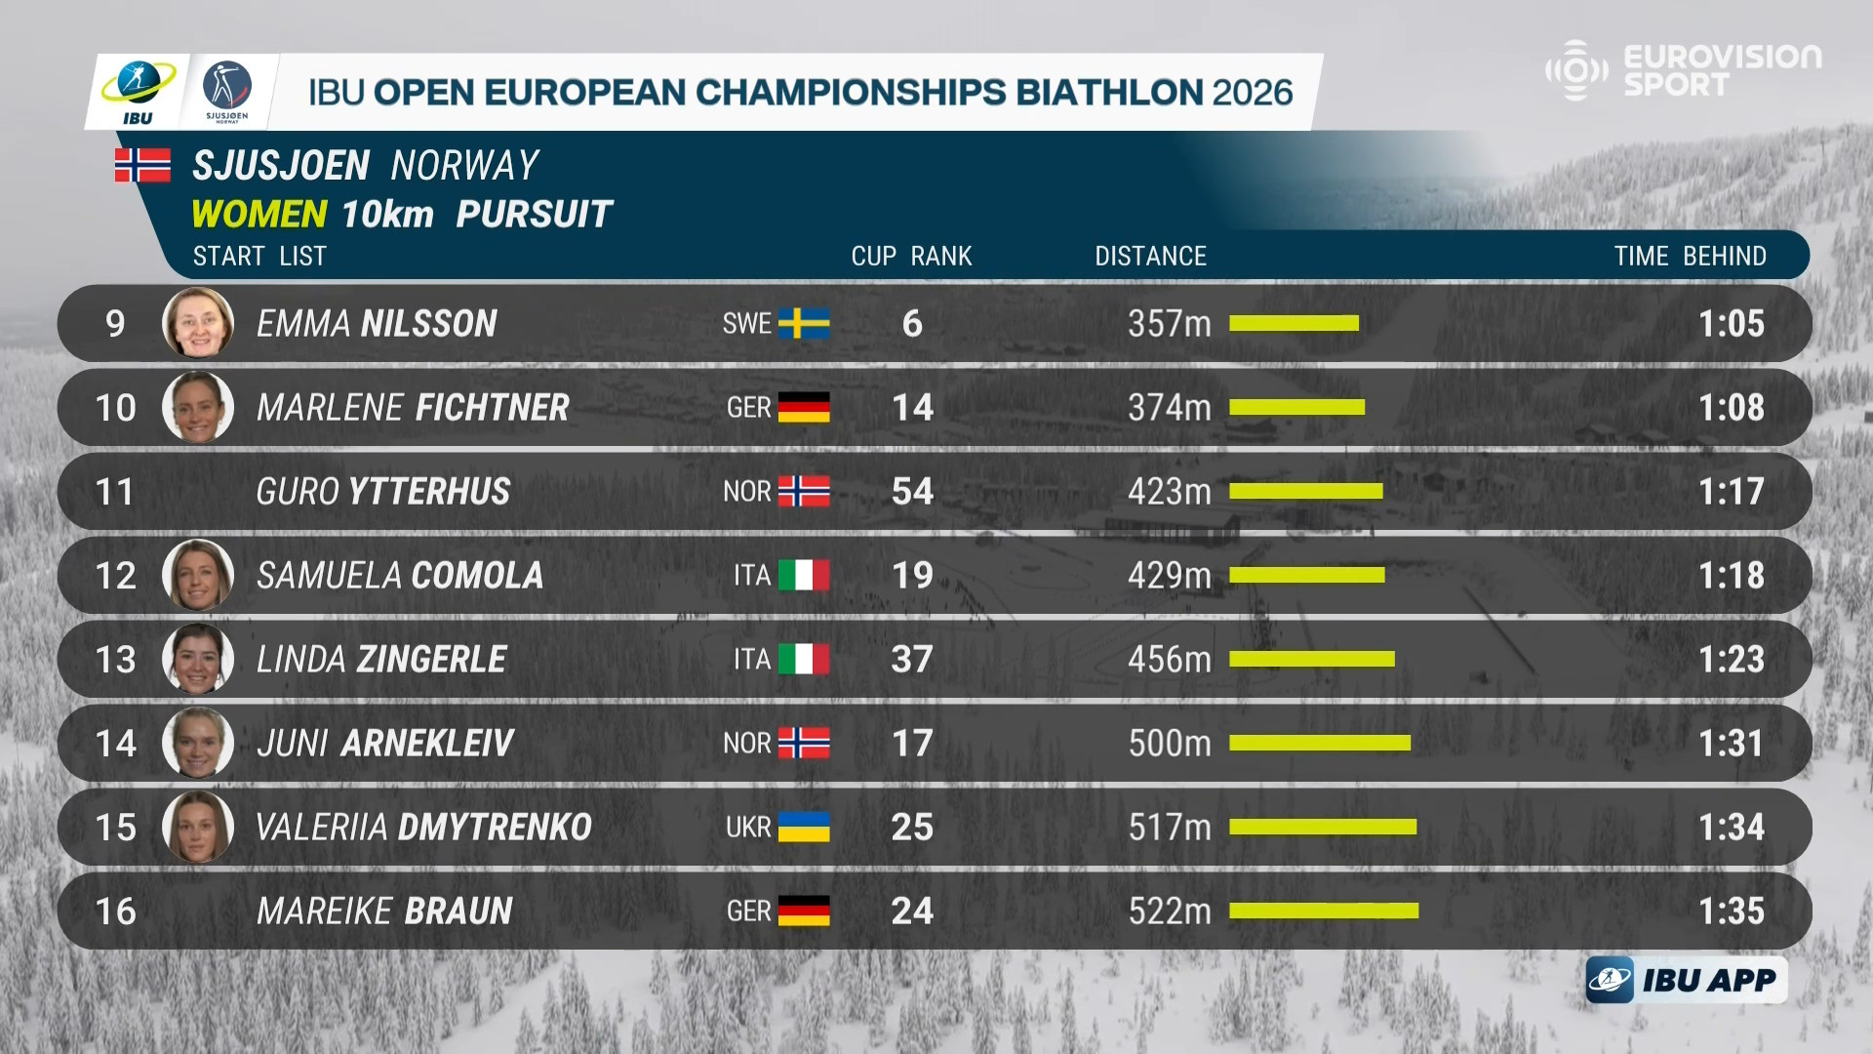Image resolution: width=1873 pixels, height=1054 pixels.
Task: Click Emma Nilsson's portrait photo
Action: click(198, 323)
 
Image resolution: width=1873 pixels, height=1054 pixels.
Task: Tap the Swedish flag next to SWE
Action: click(804, 323)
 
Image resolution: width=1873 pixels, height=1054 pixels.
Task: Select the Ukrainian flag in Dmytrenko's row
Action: click(804, 827)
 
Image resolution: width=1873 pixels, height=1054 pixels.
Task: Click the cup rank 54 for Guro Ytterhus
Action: click(912, 491)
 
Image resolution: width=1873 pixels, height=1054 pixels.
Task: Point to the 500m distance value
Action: click(1169, 743)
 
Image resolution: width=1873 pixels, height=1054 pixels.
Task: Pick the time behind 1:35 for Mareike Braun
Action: click(1731, 911)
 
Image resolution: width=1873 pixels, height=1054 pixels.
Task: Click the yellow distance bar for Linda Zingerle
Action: click(1311, 659)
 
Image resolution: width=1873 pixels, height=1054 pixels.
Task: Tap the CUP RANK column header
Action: click(911, 256)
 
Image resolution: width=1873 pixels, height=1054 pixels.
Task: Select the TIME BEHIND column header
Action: click(1690, 256)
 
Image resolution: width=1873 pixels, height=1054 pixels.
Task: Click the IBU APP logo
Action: click(1687, 980)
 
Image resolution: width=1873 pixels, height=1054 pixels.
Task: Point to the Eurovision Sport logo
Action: click(1683, 70)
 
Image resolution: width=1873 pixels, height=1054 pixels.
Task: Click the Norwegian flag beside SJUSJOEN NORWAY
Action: click(142, 165)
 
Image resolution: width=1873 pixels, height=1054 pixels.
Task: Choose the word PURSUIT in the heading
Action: click(534, 214)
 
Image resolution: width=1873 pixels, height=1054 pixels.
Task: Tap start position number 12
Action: click(115, 575)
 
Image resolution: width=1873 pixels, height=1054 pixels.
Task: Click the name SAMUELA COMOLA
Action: click(400, 575)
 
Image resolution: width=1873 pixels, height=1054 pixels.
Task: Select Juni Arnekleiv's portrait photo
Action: click(198, 743)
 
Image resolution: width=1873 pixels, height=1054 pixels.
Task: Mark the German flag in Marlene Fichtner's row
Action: click(804, 407)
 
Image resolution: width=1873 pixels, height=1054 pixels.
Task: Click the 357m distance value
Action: click(1169, 323)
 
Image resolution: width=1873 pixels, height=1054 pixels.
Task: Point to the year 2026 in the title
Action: click(1252, 92)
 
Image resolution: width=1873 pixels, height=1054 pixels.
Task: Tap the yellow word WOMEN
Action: click(259, 214)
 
